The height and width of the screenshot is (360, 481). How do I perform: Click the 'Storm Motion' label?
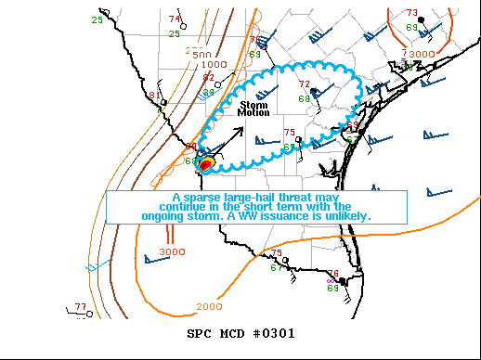[x=254, y=109]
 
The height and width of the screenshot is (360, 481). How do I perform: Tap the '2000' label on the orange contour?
[x=210, y=306]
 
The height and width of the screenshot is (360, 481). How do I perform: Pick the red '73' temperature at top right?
[x=411, y=13]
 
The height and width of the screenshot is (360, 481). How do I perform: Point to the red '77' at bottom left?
[x=80, y=306]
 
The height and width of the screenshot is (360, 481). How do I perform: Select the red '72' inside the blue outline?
[x=304, y=84]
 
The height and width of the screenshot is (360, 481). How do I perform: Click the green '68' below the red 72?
[x=304, y=98]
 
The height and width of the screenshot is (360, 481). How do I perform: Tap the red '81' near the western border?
[x=154, y=96]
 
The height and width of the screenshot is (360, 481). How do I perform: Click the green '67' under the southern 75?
[x=277, y=267]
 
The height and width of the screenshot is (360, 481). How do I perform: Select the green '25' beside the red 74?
[x=175, y=34]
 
